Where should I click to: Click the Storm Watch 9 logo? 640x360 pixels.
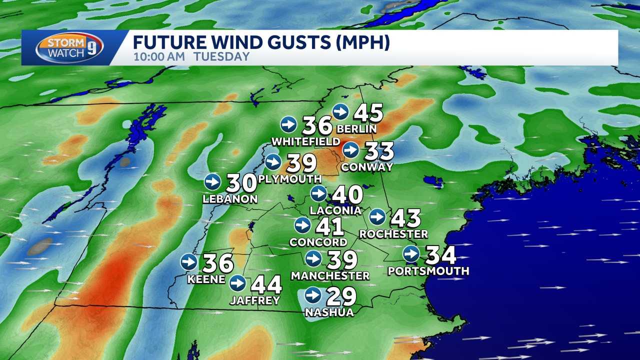pyautogui.click(x=69, y=47)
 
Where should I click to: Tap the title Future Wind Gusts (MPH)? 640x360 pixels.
pyautogui.click(x=261, y=42)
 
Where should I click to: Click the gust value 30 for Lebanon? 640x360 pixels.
pyautogui.click(x=241, y=183)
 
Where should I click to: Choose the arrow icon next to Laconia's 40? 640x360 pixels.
pyautogui.click(x=318, y=193)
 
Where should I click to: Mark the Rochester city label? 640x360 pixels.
pyautogui.click(x=393, y=233)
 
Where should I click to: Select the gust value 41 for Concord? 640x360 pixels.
pyautogui.click(x=329, y=226)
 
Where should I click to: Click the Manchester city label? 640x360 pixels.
pyautogui.click(x=330, y=275)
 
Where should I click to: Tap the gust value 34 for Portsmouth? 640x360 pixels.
pyautogui.click(x=440, y=255)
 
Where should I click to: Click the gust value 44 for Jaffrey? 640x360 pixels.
pyautogui.click(x=266, y=284)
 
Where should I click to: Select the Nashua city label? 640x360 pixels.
pyautogui.click(x=329, y=312)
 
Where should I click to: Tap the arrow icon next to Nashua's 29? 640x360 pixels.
pyautogui.click(x=313, y=295)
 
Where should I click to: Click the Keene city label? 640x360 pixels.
pyautogui.click(x=206, y=279)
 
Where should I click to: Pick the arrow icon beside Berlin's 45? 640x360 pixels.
pyautogui.click(x=340, y=111)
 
